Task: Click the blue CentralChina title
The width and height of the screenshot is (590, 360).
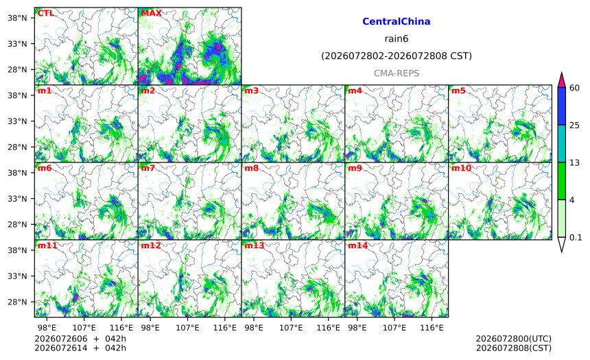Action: [397, 21]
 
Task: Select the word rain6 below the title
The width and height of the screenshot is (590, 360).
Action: [397, 39]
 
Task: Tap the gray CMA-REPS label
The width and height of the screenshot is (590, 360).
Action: [397, 73]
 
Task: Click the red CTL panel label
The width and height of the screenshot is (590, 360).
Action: [46, 13]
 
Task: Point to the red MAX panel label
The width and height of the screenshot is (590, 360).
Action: [151, 13]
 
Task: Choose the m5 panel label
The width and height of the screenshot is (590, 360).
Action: [458, 91]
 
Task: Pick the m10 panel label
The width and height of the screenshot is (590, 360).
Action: [461, 168]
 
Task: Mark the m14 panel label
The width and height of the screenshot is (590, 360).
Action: [358, 245]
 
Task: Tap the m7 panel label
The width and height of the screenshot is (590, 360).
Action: [148, 168]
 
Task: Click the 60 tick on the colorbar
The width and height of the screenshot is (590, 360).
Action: [575, 88]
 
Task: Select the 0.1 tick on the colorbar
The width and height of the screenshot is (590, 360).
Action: [576, 237]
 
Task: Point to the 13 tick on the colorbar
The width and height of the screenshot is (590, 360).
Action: [575, 163]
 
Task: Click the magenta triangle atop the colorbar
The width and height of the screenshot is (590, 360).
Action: [561, 80]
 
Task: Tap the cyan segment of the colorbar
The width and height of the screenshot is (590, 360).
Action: [561, 144]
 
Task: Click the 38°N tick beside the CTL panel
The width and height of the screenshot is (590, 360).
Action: [17, 18]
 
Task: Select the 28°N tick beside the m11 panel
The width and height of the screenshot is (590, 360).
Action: [17, 302]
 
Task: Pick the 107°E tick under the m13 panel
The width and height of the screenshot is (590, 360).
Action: [291, 328]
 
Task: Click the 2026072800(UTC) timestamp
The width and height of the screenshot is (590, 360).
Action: [514, 339]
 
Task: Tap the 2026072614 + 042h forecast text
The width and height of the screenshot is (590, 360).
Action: [80, 348]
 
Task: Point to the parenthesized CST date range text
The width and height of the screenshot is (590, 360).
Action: [397, 56]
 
